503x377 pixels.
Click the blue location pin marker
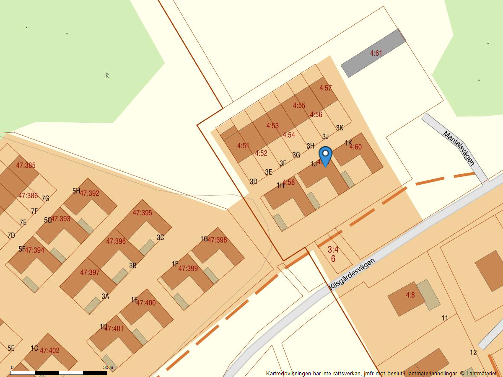pyautogui.click(x=325, y=155)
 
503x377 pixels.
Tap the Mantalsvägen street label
pyautogui.click(x=459, y=148)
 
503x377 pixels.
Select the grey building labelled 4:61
pyautogui.click(x=373, y=53)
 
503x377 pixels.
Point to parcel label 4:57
pyautogui.click(x=325, y=88)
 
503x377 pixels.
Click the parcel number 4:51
pyautogui.click(x=243, y=146)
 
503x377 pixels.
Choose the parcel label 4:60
pyautogui.click(x=355, y=147)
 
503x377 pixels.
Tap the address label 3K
pyautogui.click(x=340, y=128)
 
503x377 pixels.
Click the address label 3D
pyautogui.click(x=253, y=181)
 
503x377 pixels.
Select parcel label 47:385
pyautogui.click(x=26, y=165)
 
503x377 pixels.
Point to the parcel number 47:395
pyautogui.click(x=142, y=213)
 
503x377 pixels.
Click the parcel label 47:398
pyautogui.click(x=217, y=240)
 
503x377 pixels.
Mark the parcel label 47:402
pyautogui.click(x=49, y=351)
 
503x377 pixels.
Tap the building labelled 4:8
pyautogui.click(x=410, y=295)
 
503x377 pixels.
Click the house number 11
pyautogui.click(x=445, y=318)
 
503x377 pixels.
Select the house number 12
pyautogui.click(x=473, y=352)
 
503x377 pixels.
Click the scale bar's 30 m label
pyautogui.click(x=108, y=368)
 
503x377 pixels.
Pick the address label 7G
pyautogui.click(x=45, y=199)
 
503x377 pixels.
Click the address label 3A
pyautogui.click(x=105, y=296)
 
